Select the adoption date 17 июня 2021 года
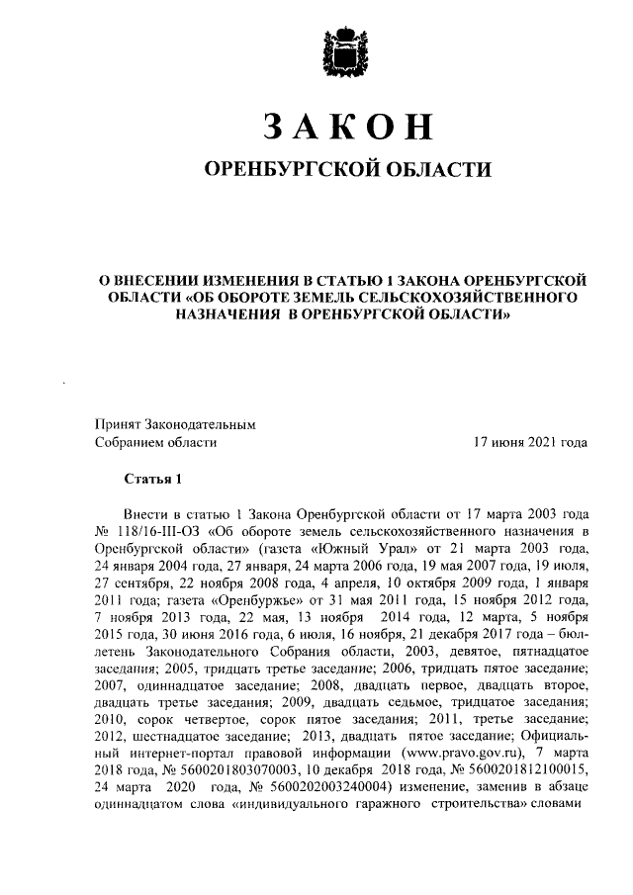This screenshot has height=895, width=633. pyautogui.click(x=532, y=443)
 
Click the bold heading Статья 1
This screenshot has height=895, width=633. pyautogui.click(x=153, y=482)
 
